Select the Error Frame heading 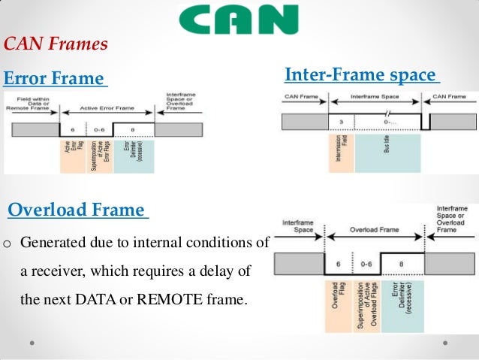click(x=54, y=79)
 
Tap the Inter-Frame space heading click(x=361, y=75)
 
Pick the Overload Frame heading click(x=77, y=210)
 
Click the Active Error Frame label click(x=107, y=107)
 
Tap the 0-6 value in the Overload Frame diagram click(x=366, y=264)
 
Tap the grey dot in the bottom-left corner click(x=32, y=342)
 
